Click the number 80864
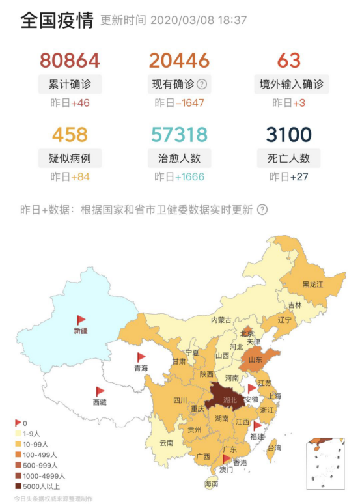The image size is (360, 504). coord(70,61)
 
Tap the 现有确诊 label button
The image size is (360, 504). coord(172,84)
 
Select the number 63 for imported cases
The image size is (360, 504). coord(288,61)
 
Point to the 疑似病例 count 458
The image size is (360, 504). coord(69,135)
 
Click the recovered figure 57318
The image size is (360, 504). coord(179,135)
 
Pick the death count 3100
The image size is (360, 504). coord(288,135)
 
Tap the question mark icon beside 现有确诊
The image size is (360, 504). coord(202,84)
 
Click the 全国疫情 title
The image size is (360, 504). coord(57,20)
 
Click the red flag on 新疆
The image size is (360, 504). coord(81,320)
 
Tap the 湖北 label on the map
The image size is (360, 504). coord(230,399)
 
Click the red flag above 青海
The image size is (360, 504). coord(141,357)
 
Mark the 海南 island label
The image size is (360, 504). coord(212,484)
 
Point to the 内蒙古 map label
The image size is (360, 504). coord(221,320)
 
